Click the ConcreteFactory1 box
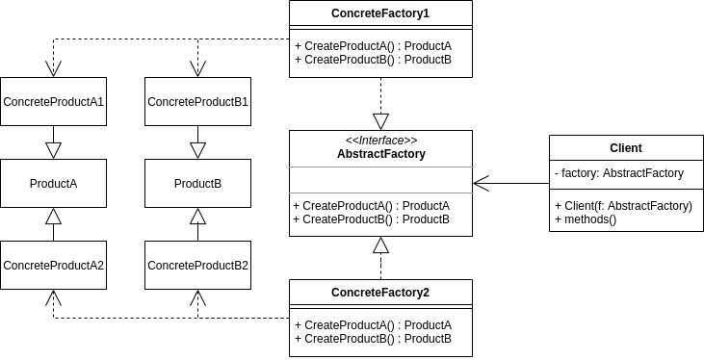click(x=380, y=13)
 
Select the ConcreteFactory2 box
click(x=380, y=293)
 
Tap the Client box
click(x=626, y=148)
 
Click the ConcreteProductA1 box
click(x=53, y=102)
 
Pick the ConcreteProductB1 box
click(x=197, y=102)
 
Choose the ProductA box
click(x=53, y=184)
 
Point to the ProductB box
click(x=197, y=184)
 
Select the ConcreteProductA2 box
click(x=53, y=266)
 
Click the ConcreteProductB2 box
click(x=197, y=266)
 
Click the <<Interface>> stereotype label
click(x=381, y=141)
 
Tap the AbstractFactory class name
click(x=381, y=154)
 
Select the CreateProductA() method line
click(x=371, y=206)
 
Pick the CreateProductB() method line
click(x=371, y=219)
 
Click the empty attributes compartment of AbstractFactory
click(x=381, y=180)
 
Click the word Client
click(x=626, y=148)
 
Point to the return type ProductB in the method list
click(x=427, y=219)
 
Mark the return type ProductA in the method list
click(x=427, y=206)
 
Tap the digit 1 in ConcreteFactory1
click(x=427, y=13)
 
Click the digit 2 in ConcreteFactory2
click(x=427, y=293)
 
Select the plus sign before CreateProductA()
click(x=296, y=206)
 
